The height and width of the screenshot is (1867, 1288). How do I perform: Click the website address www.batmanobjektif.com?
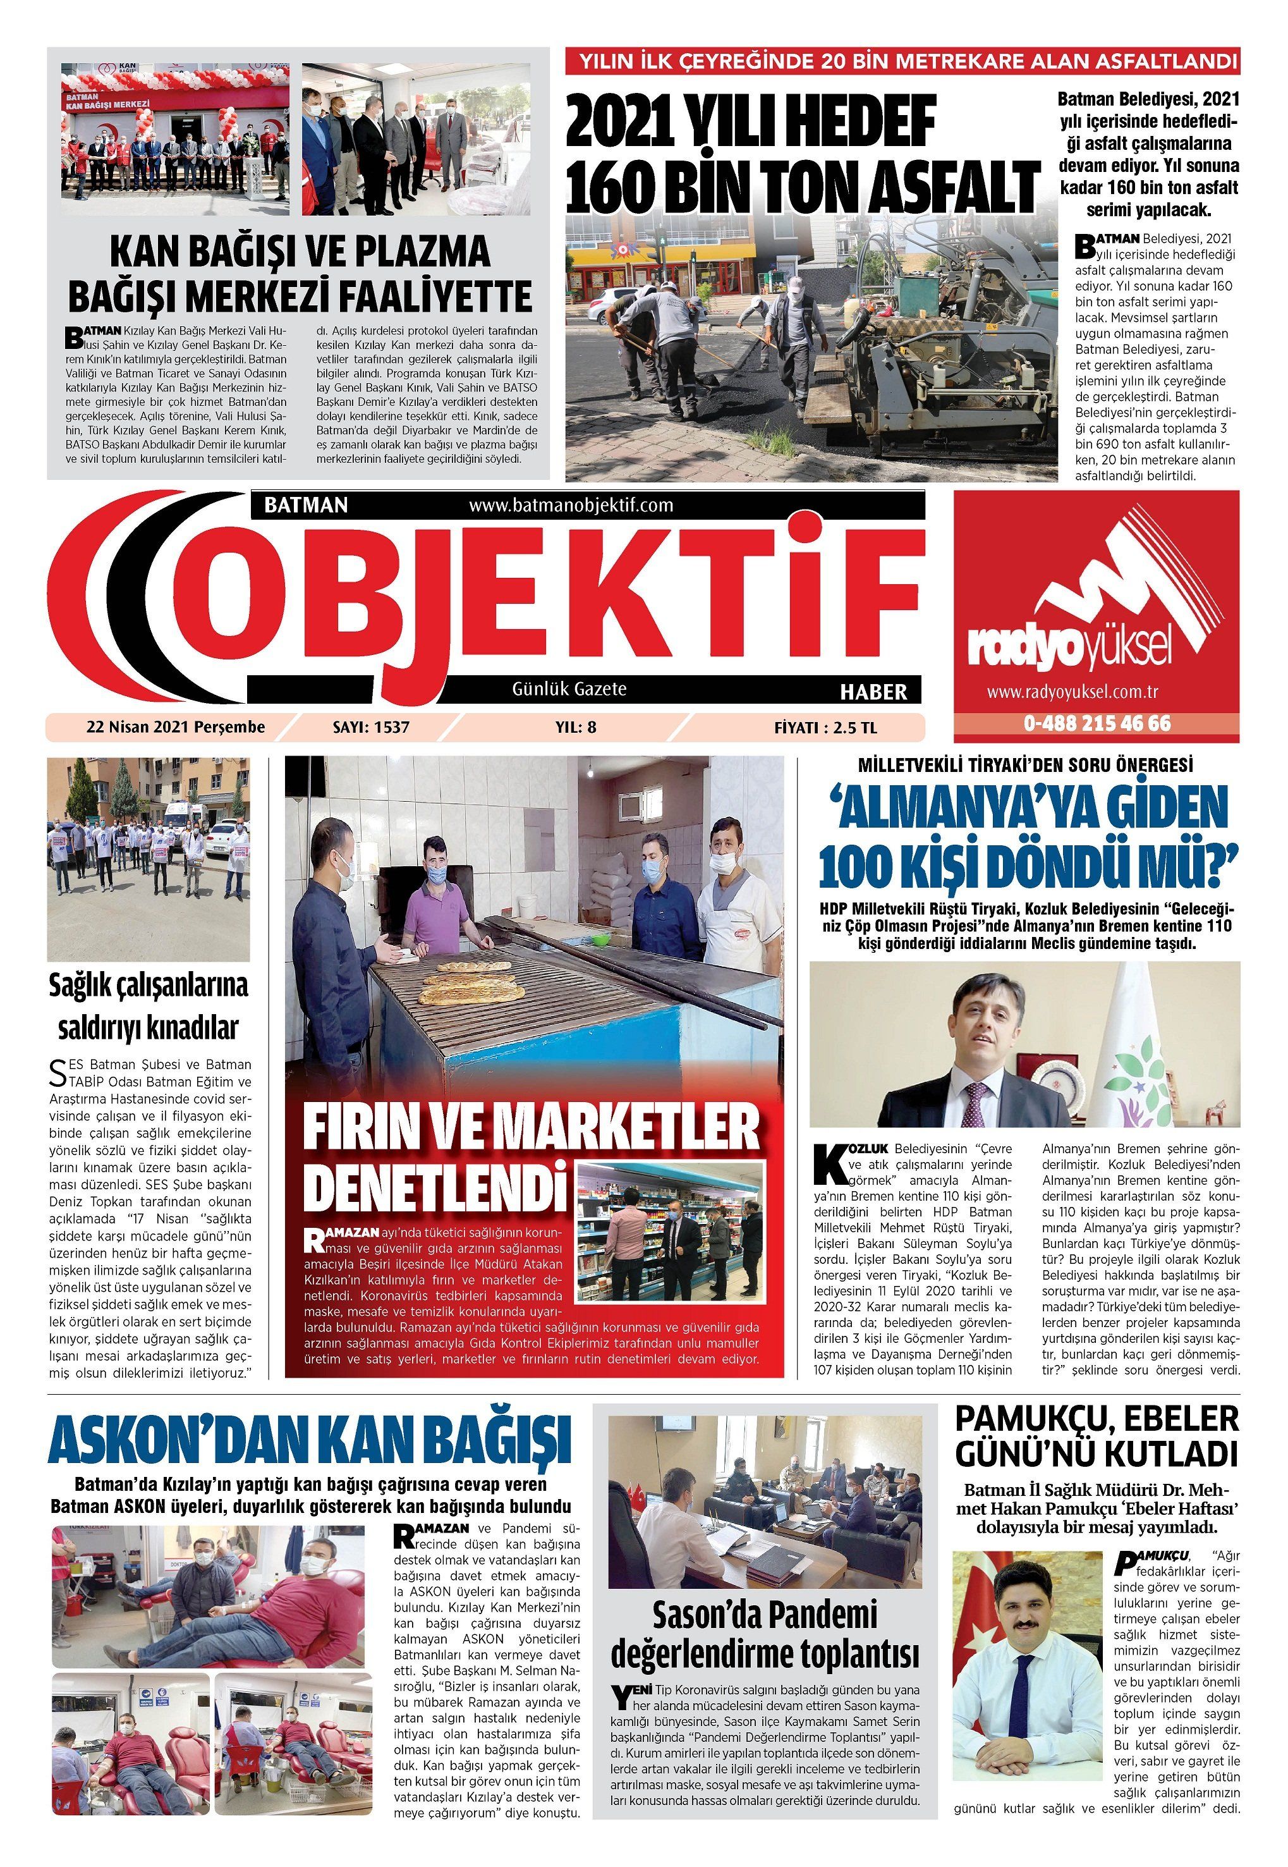tap(571, 505)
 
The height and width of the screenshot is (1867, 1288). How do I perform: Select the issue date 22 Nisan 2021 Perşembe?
tap(175, 727)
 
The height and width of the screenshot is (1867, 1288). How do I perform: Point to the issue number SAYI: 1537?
tap(370, 727)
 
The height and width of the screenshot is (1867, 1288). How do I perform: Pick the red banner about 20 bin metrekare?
tap(902, 61)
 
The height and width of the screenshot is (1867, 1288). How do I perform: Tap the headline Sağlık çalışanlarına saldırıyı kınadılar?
tap(149, 1007)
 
